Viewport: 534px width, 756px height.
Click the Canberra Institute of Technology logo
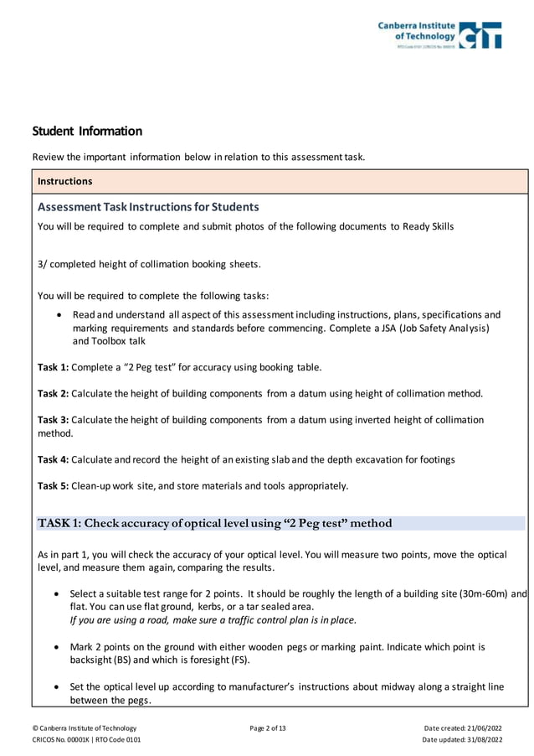439,35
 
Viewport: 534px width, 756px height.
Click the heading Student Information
87,132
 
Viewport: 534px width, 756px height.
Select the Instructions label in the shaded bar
64,181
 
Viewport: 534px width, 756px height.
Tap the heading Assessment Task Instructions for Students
148,207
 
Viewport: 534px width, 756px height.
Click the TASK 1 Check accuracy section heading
214,524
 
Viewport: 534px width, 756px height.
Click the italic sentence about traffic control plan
213,620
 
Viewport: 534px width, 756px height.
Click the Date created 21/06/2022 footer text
464,728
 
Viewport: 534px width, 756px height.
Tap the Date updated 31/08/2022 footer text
462,740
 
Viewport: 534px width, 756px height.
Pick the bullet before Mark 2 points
56,648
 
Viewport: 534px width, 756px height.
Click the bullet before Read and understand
56,316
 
